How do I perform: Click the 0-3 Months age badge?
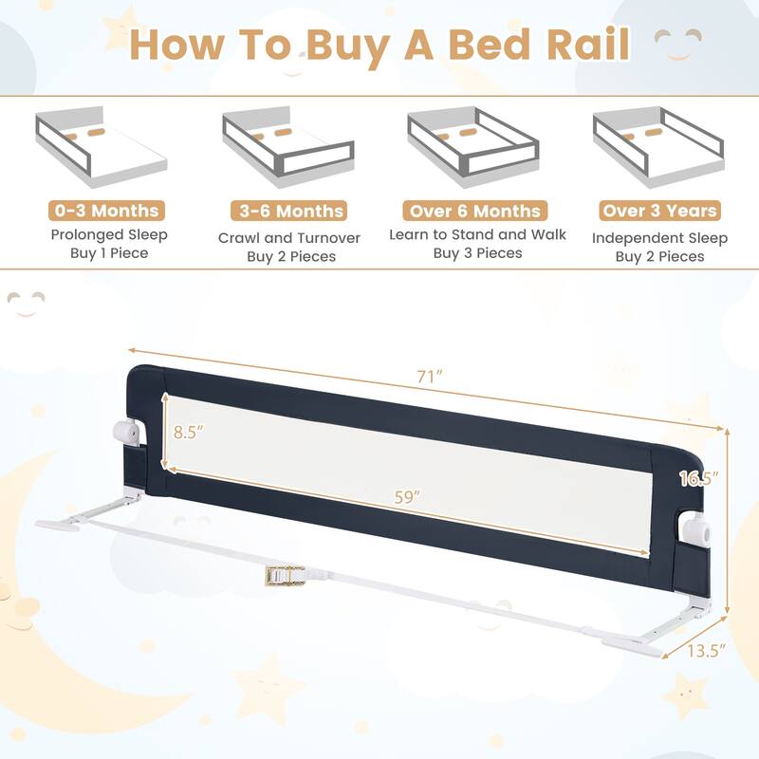105,211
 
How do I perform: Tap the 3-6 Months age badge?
289,211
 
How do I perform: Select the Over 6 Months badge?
473,211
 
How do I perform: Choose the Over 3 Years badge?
659,211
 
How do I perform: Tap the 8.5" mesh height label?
187,432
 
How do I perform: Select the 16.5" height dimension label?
699,478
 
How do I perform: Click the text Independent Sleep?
659,236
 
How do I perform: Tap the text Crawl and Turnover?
289,236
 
